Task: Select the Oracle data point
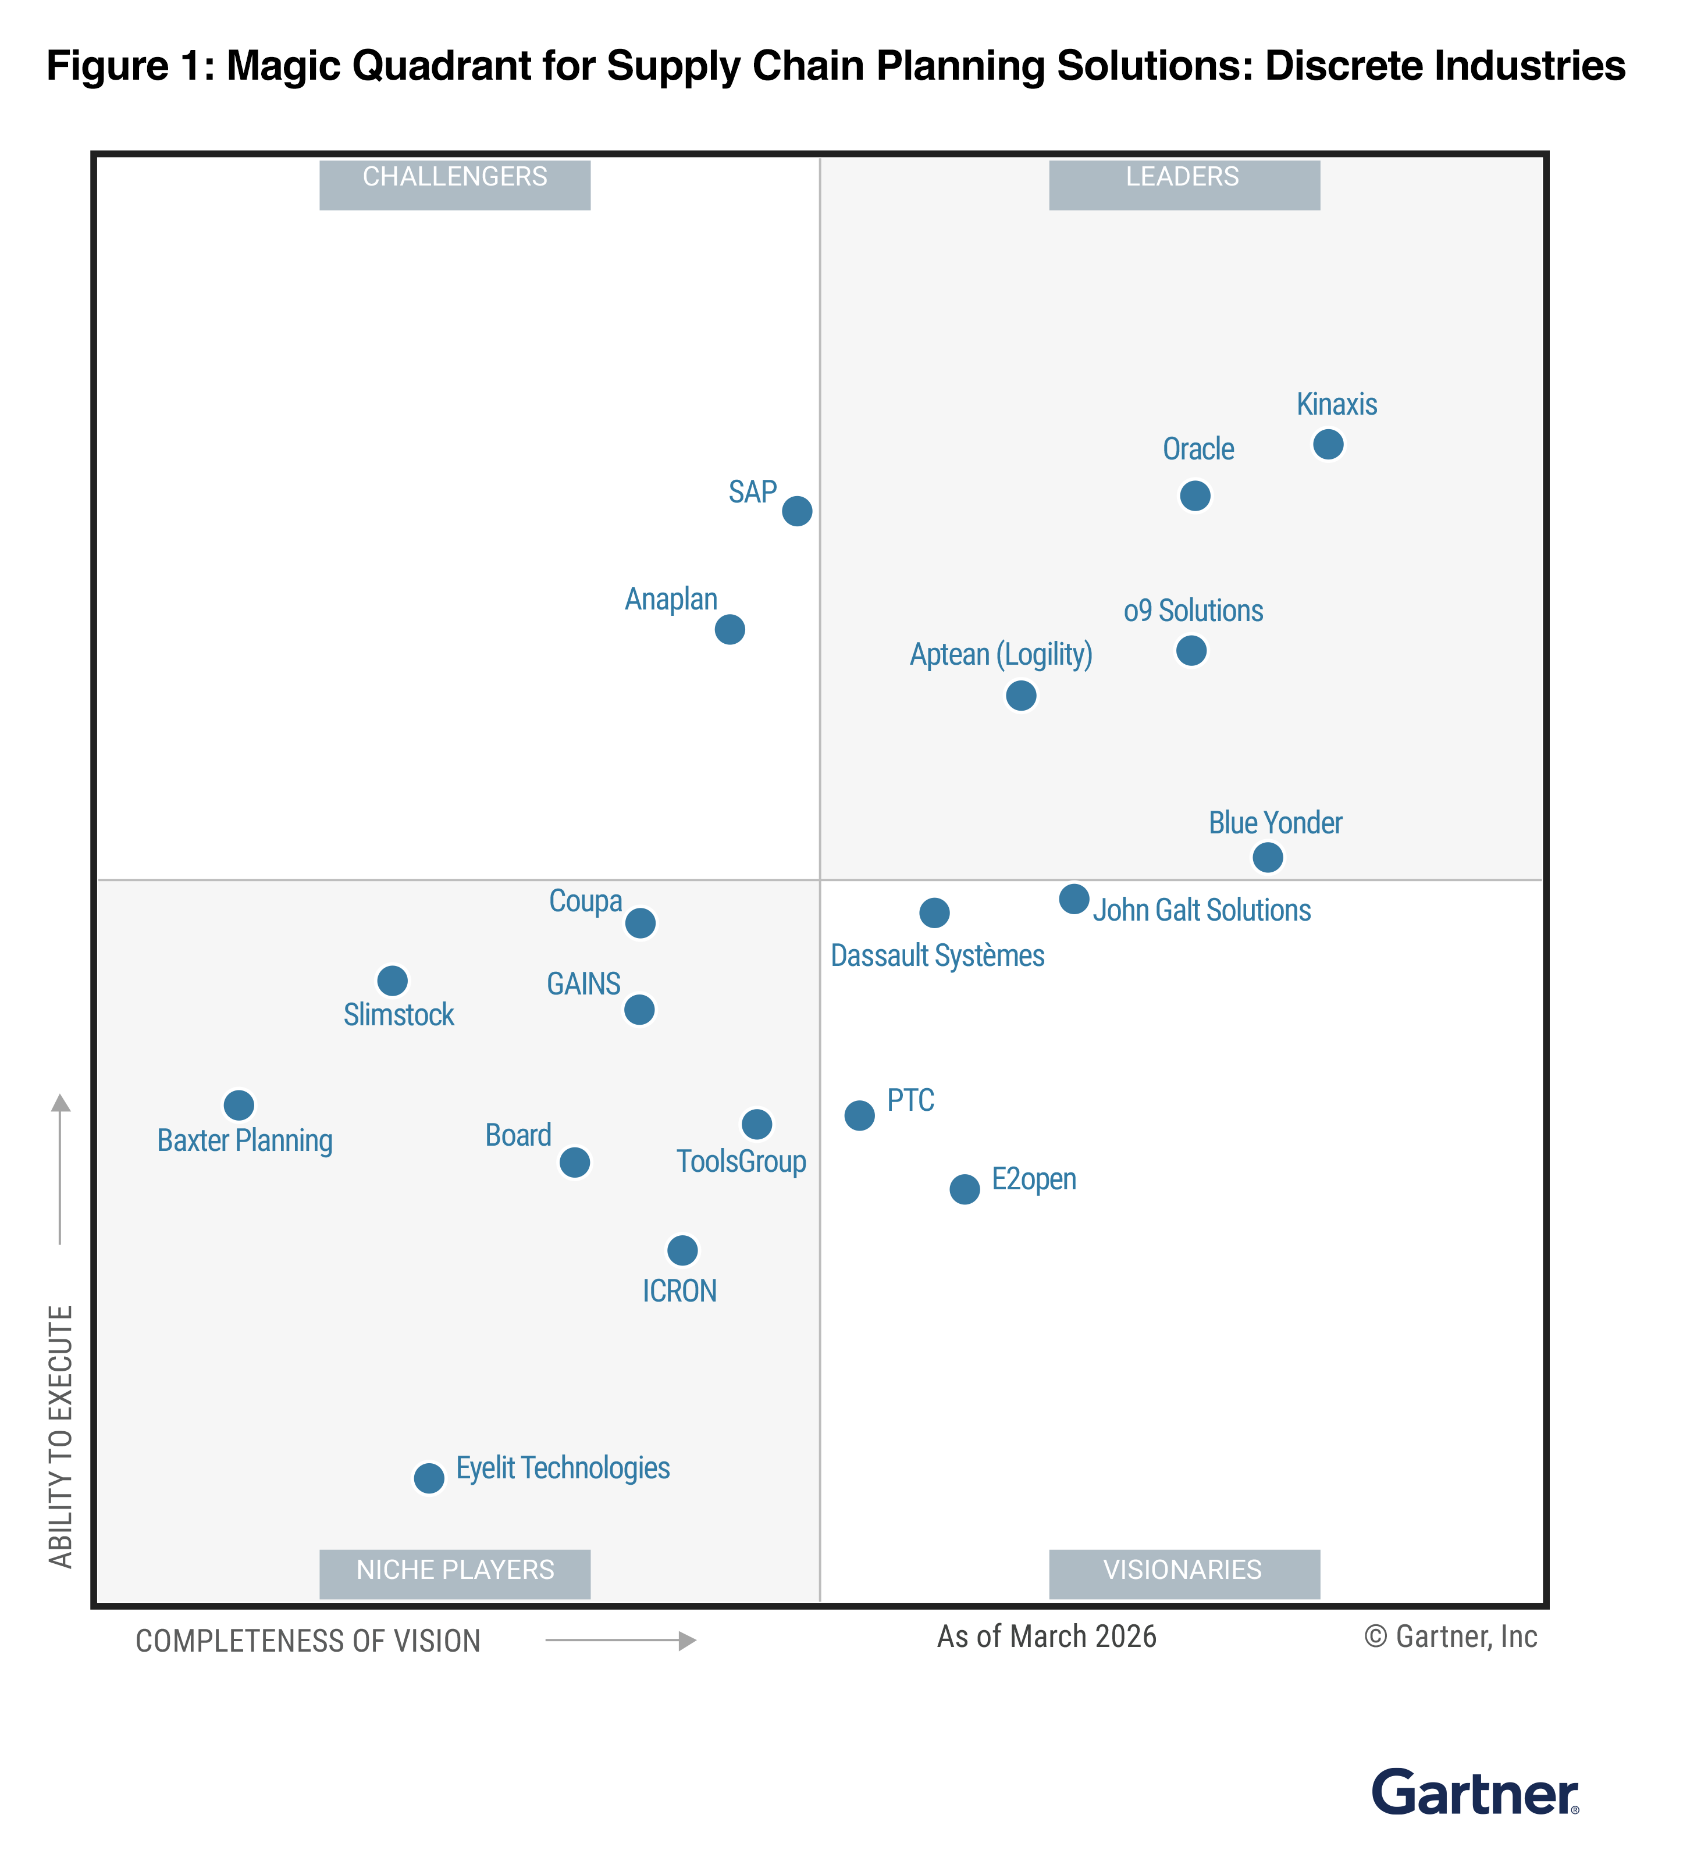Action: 1195,495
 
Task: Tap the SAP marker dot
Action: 797,511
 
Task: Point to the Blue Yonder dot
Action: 1268,858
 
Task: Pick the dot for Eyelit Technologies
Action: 428,1478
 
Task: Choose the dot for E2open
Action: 965,1189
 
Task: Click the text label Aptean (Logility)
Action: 1001,654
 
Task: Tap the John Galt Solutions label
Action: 1201,910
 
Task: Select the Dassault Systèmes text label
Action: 937,956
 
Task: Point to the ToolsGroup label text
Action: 741,1161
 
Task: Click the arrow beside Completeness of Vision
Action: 620,1641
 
